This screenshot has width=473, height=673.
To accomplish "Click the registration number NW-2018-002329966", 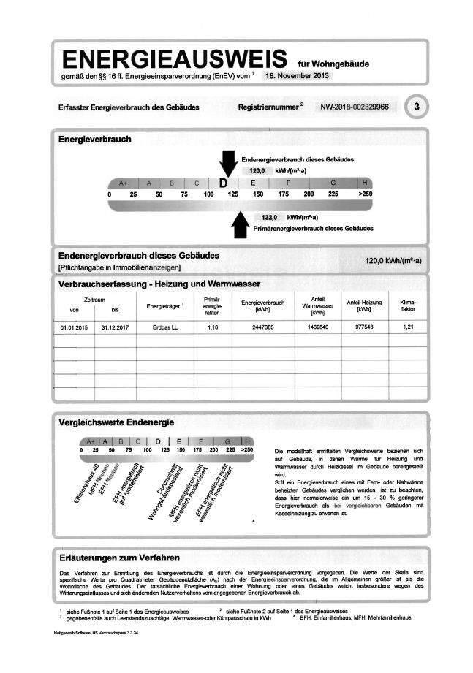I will point(355,107).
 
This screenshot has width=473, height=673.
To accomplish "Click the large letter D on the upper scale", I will point(224,183).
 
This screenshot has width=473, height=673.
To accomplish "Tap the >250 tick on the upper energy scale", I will point(365,194).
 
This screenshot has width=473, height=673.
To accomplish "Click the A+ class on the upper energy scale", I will point(122,183).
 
